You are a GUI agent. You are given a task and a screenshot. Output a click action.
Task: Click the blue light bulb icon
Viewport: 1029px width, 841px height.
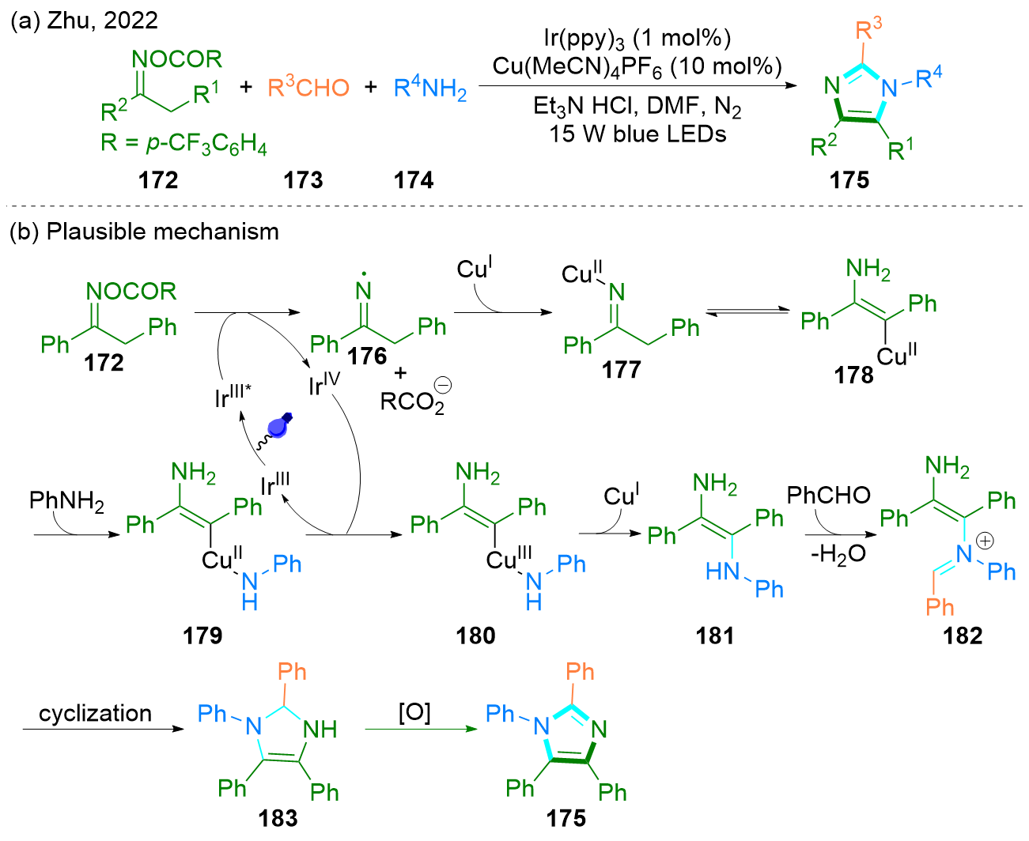click(279, 424)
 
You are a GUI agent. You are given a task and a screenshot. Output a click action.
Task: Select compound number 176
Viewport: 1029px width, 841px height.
click(367, 356)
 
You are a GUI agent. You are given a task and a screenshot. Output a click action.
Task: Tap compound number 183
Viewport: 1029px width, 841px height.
click(278, 817)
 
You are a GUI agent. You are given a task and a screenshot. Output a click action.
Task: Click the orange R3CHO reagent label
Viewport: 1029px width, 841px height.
click(308, 87)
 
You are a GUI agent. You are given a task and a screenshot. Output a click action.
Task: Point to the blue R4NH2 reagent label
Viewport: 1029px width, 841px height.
click(430, 89)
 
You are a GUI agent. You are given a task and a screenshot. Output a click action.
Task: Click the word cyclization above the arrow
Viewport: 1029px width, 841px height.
click(95, 713)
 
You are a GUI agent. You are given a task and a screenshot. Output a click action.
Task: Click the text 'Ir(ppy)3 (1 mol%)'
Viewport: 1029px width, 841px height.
click(637, 37)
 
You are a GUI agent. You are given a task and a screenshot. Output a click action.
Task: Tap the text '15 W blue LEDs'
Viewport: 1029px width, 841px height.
click(637, 134)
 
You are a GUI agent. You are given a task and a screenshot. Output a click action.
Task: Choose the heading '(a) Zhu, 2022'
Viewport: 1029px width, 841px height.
click(85, 21)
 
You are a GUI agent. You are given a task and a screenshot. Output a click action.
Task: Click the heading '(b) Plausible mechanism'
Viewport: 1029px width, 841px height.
click(144, 232)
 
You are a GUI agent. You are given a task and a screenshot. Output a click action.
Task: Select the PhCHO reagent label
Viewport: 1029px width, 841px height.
click(828, 495)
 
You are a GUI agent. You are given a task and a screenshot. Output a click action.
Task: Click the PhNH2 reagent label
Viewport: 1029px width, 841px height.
click(66, 500)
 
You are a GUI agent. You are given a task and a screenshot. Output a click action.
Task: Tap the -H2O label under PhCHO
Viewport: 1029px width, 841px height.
click(838, 555)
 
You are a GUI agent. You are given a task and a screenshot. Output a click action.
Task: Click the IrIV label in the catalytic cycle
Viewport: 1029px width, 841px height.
click(324, 383)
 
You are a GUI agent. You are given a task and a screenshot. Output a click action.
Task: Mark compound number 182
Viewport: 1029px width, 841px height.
click(963, 635)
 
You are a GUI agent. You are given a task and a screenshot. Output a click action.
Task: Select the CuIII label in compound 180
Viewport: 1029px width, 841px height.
click(509, 558)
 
